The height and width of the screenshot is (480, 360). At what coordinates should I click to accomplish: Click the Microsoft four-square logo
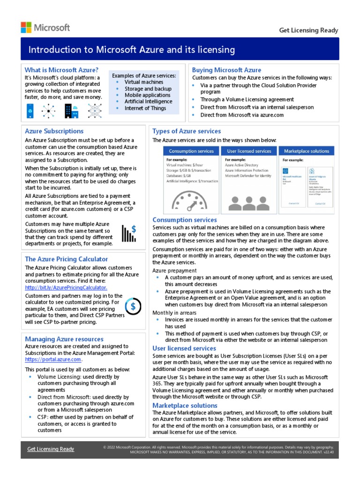tap(26, 27)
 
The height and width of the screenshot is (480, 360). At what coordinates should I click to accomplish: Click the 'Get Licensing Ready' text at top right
tap(308, 30)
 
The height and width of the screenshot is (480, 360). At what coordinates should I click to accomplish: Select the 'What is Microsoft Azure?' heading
tap(61, 70)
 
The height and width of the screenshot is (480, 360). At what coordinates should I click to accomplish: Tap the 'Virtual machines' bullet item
tap(144, 82)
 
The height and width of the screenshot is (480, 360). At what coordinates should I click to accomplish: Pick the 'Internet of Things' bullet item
tap(145, 108)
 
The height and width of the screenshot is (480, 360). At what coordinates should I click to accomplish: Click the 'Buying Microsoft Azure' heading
tap(226, 70)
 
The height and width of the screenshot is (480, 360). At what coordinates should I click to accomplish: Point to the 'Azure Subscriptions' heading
tap(54, 131)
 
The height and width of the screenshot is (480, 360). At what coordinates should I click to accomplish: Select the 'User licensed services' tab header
tap(249, 151)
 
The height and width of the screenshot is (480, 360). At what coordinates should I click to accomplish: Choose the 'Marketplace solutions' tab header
tap(307, 151)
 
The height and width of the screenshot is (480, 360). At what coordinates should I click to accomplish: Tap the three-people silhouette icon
tap(249, 202)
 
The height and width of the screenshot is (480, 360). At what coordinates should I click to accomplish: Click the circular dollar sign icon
tap(133, 307)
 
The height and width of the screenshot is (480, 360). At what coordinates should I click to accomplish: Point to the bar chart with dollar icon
tap(129, 233)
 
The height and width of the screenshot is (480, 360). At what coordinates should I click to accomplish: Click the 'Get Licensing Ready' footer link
tap(51, 449)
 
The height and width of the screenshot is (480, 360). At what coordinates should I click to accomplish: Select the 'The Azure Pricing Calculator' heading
tap(66, 259)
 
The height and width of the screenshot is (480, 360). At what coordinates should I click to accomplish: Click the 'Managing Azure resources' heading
tap(64, 339)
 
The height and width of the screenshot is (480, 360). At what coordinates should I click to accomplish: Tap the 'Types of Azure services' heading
tap(187, 131)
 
